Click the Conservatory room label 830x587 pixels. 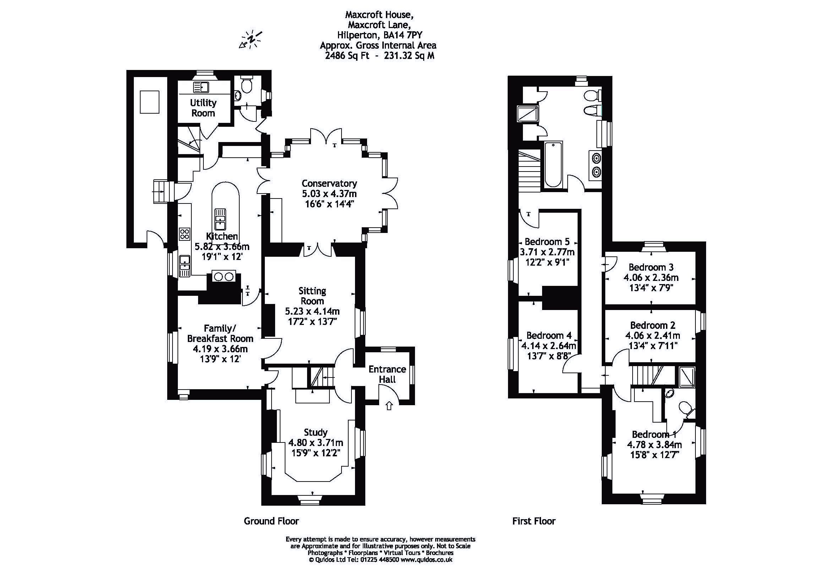click(329, 183)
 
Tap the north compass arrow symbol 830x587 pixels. click(250, 39)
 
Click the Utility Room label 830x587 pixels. click(203, 108)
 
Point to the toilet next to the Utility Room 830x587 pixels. click(247, 86)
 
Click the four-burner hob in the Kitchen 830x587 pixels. click(184, 234)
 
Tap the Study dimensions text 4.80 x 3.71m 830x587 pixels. click(316, 442)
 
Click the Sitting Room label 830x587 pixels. click(312, 295)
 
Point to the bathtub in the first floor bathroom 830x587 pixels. click(553, 164)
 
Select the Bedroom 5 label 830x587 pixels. click(547, 241)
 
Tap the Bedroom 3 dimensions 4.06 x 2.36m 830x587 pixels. click(651, 278)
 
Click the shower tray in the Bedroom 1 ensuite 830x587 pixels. click(687, 377)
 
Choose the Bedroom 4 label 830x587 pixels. click(548, 335)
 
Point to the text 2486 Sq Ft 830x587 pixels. click(348, 56)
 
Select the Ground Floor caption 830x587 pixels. click(271, 521)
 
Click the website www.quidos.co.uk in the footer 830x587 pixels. click(426, 560)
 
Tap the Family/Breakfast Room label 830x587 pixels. click(220, 333)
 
